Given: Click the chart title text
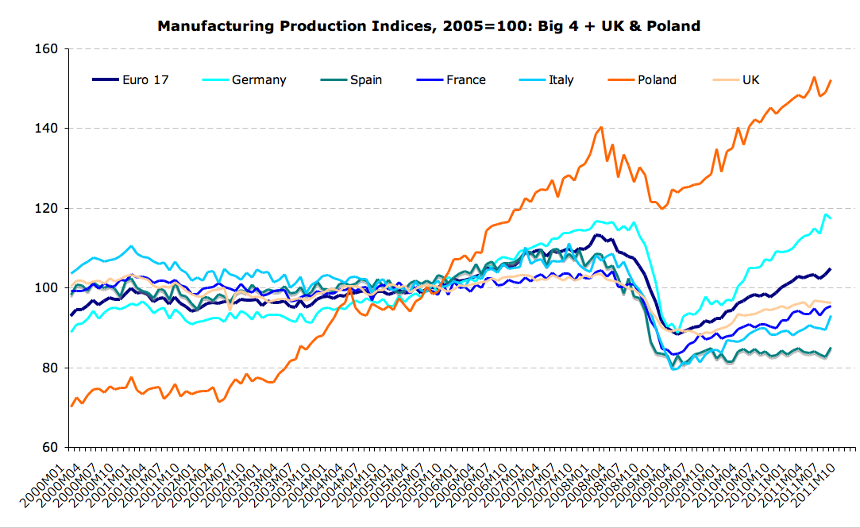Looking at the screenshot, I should tap(429, 26).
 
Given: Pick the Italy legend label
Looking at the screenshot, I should tap(561, 79).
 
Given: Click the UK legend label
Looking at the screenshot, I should tap(750, 79).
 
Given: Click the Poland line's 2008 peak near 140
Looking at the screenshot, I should tap(601, 127).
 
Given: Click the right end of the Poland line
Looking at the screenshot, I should tap(831, 80).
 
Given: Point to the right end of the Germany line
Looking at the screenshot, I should tap(830, 218).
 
